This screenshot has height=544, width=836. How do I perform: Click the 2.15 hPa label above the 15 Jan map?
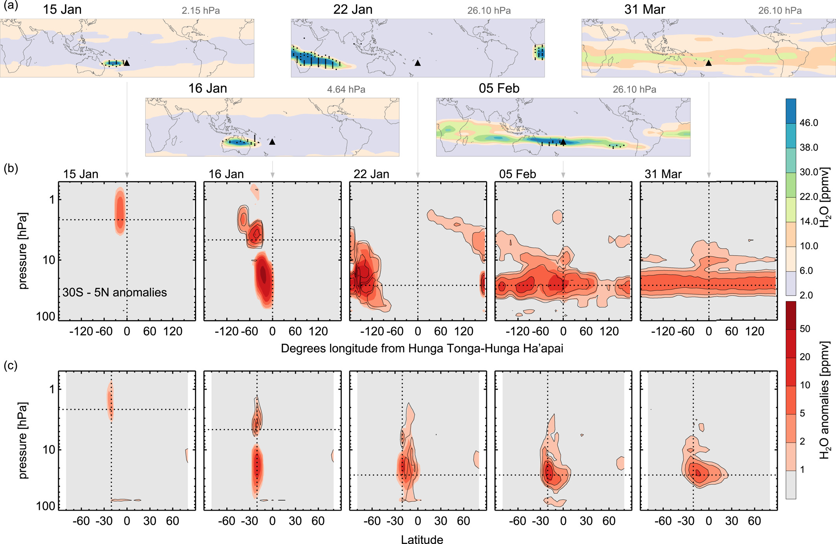pyautogui.click(x=200, y=11)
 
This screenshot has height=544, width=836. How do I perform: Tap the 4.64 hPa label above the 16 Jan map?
pyautogui.click(x=346, y=89)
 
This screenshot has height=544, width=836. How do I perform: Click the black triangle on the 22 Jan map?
pyautogui.click(x=418, y=63)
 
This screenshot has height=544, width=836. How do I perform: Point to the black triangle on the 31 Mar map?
pyautogui.click(x=708, y=63)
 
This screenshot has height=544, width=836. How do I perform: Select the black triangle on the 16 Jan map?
pyautogui.click(x=272, y=142)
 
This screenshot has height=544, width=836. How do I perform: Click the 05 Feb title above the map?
pyautogui.click(x=499, y=88)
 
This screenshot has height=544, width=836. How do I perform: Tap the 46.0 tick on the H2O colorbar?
pyautogui.click(x=808, y=123)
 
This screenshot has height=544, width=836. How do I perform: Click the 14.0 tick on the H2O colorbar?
pyautogui.click(x=808, y=221)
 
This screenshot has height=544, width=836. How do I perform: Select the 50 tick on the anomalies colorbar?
pyautogui.click(x=805, y=329)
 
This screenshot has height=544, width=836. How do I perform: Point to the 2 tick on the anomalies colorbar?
pyautogui.click(x=802, y=442)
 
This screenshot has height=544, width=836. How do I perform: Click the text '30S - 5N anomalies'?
pyautogui.click(x=114, y=292)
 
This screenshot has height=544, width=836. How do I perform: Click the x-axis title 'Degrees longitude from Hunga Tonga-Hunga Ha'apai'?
pyautogui.click(x=422, y=349)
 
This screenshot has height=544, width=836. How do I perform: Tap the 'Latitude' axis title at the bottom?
pyautogui.click(x=422, y=539)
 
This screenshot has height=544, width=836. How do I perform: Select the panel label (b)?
pyautogui.click(x=11, y=168)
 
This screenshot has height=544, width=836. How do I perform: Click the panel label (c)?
pyautogui.click(x=11, y=365)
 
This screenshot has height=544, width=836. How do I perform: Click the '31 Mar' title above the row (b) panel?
pyautogui.click(x=663, y=174)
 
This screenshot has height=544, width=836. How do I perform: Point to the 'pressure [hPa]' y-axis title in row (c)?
pyautogui.click(x=23, y=440)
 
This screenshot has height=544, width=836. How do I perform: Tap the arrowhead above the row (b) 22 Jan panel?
pyautogui.click(x=418, y=175)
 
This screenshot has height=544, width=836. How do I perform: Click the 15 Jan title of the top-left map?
pyautogui.click(x=62, y=9)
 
